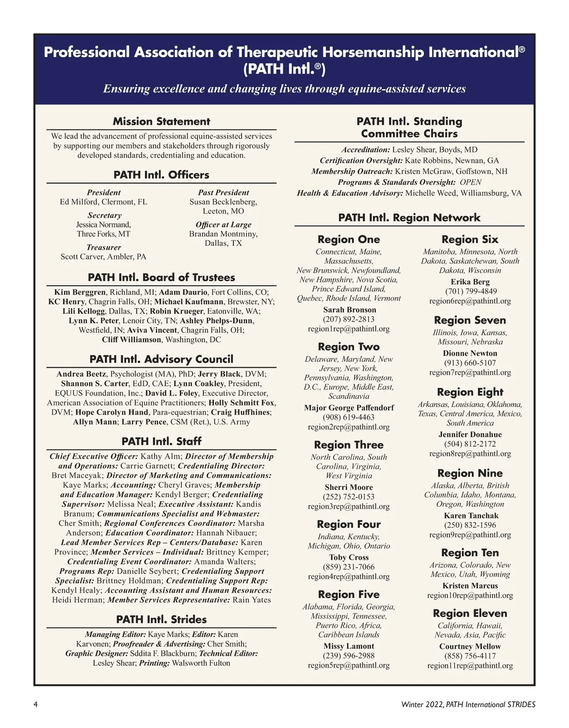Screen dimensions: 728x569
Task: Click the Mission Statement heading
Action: click(161, 121)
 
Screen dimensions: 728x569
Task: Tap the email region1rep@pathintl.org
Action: click(349, 329)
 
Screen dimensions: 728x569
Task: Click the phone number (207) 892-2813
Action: click(349, 319)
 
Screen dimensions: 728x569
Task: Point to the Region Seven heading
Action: click(470, 320)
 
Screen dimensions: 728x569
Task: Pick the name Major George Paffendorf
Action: click(349, 407)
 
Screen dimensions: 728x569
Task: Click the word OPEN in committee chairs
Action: click(470, 182)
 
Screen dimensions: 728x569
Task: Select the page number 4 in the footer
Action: click(36, 704)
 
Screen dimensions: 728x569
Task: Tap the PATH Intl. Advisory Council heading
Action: click(161, 359)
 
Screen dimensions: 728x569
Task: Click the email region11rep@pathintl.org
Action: click(470, 665)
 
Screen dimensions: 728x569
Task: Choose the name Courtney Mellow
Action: click(470, 646)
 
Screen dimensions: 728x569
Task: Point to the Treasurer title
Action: click(103, 247)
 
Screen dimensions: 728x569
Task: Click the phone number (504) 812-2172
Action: click(470, 444)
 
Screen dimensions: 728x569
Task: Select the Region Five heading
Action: click(349, 594)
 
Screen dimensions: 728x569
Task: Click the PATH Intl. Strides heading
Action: click(161, 619)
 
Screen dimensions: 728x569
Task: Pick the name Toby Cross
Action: click(349, 557)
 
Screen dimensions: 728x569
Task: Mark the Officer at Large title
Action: click(223, 224)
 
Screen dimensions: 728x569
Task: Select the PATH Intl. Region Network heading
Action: click(409, 218)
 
